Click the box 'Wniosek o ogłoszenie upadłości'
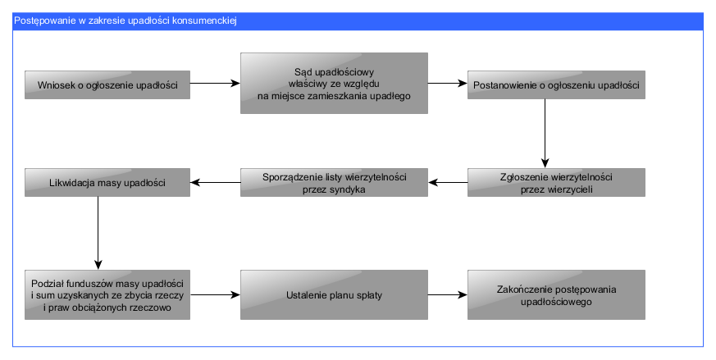pos(107,84)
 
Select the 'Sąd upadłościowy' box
pos(334,83)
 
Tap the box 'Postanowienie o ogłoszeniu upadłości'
pos(556,84)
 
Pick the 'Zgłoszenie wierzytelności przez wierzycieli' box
pos(556,182)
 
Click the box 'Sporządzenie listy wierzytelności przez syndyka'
pos(334,182)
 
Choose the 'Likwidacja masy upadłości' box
pos(107,182)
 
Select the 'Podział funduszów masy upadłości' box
pos(107,294)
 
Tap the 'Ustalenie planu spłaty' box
pos(334,294)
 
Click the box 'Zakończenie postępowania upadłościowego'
pos(556,294)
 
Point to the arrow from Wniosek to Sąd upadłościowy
pos(215,83)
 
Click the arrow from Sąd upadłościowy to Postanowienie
pos(448,83)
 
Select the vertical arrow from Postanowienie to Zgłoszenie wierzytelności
pos(545,134)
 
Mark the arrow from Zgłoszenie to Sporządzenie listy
pos(448,183)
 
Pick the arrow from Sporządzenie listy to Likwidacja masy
pos(216,183)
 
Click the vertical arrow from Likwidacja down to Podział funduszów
pos(98,233)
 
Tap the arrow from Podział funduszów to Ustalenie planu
pos(215,295)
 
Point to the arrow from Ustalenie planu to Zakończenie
pos(448,295)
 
